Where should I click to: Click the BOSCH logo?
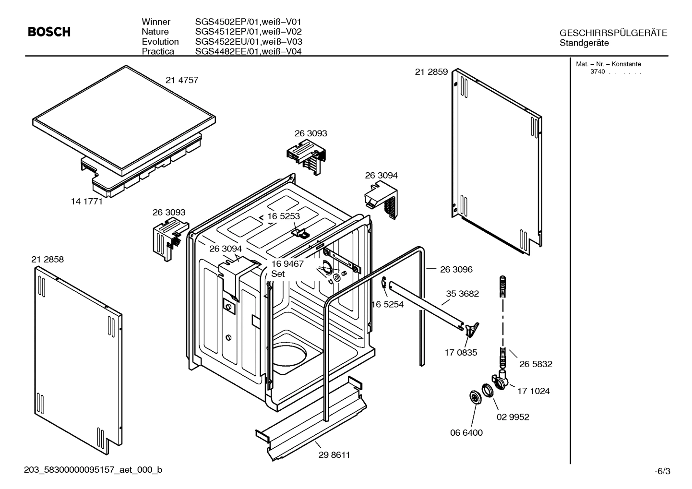(x=49, y=32)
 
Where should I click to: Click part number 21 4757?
(x=182, y=81)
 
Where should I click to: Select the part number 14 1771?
(x=87, y=202)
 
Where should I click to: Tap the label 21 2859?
(x=431, y=72)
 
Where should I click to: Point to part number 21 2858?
(x=48, y=260)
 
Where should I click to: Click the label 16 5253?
(x=284, y=216)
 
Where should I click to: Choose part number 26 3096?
(x=456, y=270)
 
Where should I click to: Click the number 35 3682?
(x=463, y=294)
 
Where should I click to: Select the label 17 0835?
(x=461, y=353)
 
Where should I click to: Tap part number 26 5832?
(x=536, y=364)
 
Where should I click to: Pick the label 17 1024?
(x=533, y=391)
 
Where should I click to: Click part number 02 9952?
(x=513, y=417)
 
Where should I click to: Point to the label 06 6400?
(x=466, y=433)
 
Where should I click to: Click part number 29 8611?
(x=334, y=455)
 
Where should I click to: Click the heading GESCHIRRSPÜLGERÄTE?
(x=613, y=33)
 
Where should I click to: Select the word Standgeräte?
(x=584, y=43)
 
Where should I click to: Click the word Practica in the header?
(x=158, y=51)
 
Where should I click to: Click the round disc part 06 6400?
(x=476, y=397)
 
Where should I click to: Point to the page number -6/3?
(x=662, y=471)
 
